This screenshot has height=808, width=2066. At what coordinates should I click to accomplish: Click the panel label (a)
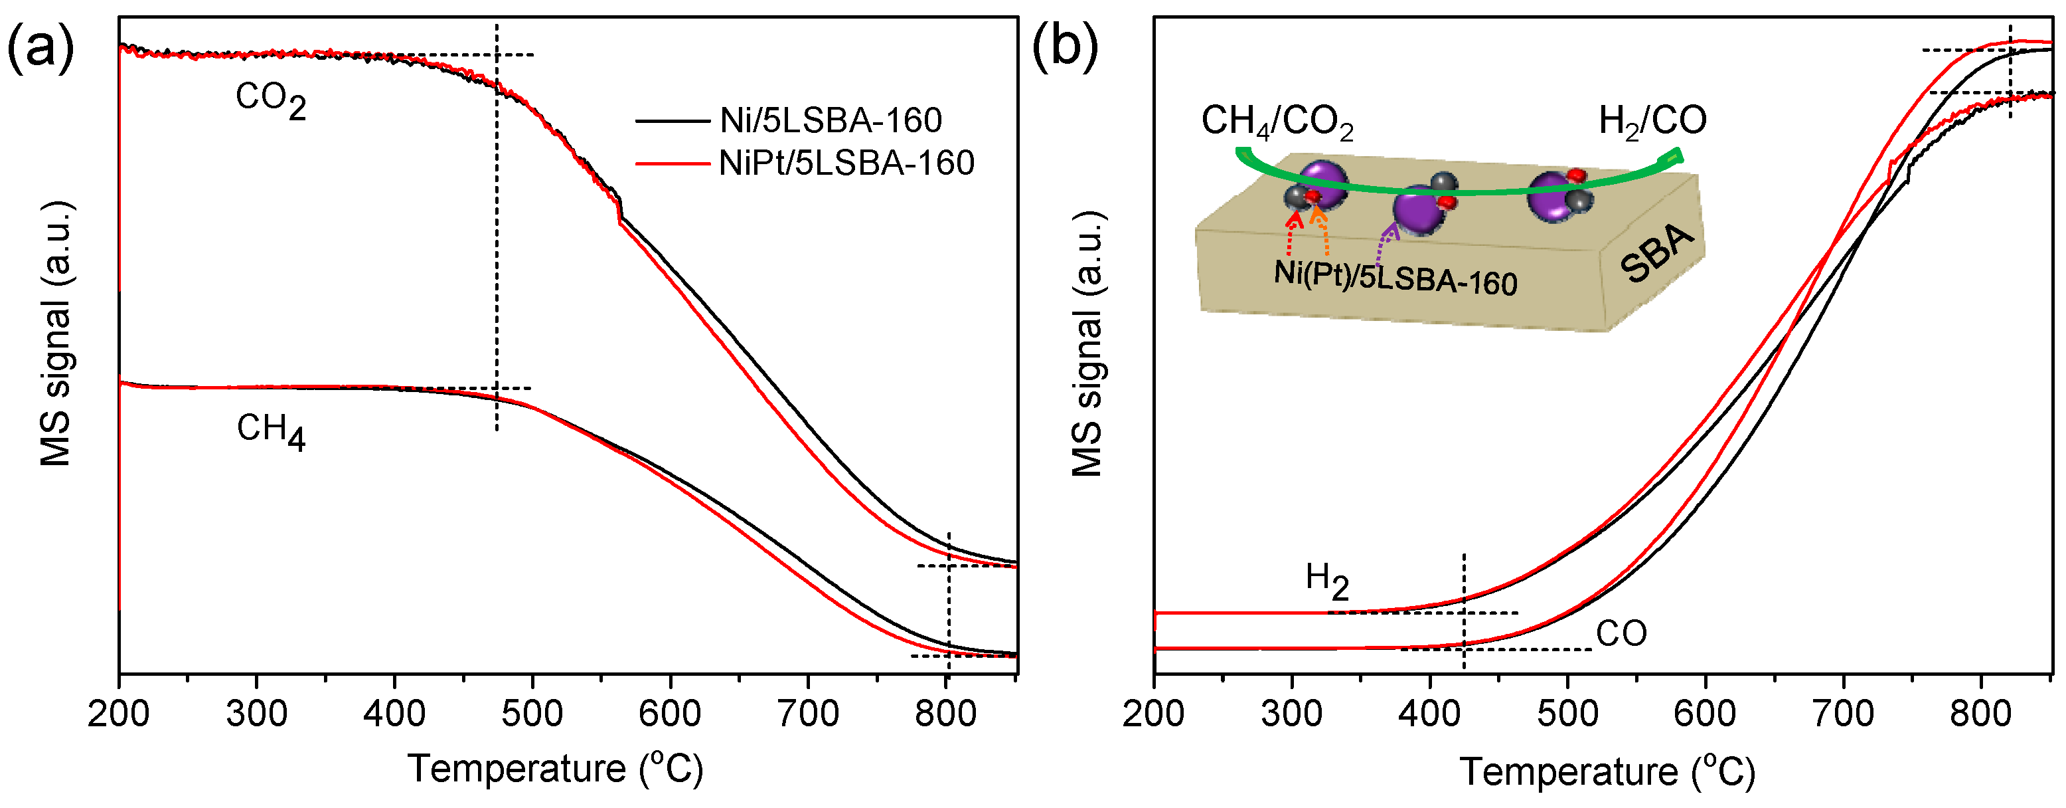pos(40,48)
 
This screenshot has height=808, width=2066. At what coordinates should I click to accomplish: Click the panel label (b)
pos(1064,48)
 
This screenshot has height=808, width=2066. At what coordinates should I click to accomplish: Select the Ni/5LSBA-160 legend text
pos(830,121)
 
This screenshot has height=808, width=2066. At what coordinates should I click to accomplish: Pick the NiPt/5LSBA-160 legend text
pos(846,163)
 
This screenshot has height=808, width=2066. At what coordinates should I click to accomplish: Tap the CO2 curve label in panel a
pos(270,101)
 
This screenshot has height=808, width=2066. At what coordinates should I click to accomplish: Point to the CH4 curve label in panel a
pos(270,432)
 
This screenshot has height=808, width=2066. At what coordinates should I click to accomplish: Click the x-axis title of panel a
pos(555,769)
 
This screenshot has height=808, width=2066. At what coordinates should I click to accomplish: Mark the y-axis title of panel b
pos(1088,345)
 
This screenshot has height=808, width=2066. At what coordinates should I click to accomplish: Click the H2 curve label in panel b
pos(1326,580)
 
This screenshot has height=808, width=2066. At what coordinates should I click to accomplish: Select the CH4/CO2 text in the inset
pos(1277,123)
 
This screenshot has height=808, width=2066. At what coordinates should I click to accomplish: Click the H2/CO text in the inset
pos(1652,121)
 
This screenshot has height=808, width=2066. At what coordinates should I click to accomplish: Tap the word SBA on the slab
pos(1656,254)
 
